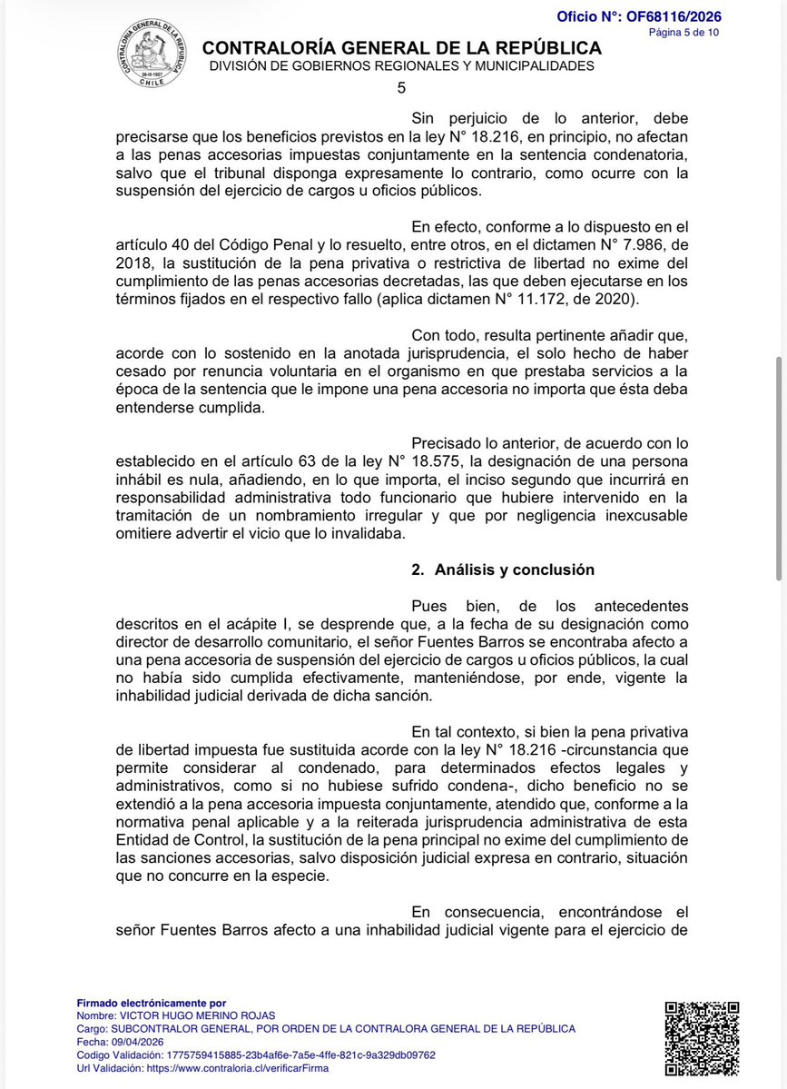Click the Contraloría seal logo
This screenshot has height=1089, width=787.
152,54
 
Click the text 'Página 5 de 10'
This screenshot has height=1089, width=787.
684,33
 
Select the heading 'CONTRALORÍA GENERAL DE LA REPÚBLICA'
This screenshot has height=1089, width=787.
401,48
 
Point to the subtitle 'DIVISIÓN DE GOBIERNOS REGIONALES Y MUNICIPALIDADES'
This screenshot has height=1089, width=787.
401,66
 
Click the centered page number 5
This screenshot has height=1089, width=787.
401,88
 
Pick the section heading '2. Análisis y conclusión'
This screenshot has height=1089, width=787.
503,569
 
